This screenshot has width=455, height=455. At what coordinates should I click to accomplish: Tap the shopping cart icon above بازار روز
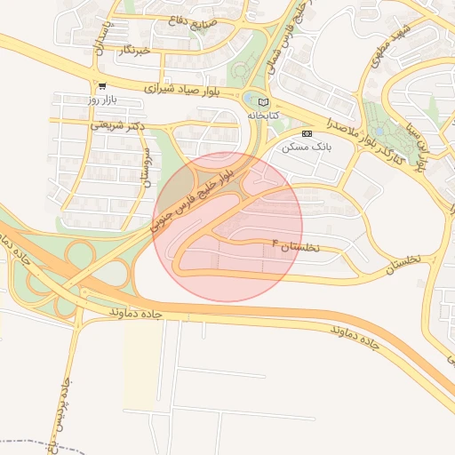(103, 87)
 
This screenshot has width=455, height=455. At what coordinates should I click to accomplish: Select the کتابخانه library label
(261, 116)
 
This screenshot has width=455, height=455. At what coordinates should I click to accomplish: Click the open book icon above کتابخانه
(261, 101)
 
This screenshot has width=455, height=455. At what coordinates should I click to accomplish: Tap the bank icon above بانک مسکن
(307, 133)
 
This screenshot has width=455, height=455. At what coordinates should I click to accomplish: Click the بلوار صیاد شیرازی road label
(178, 90)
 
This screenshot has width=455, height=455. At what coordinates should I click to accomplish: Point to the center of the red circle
(227, 227)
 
